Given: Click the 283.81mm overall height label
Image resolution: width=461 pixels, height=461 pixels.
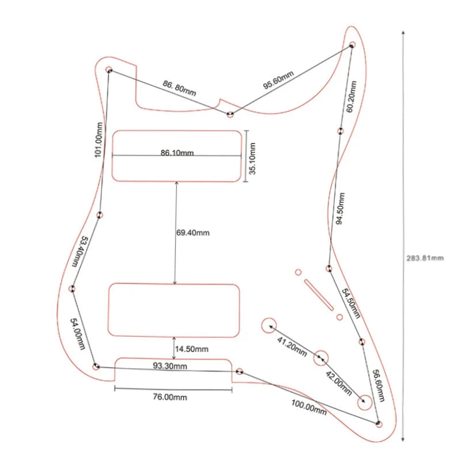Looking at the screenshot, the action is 425,258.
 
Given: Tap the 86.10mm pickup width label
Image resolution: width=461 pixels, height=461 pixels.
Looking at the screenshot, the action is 177,153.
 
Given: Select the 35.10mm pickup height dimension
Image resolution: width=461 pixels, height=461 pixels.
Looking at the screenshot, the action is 252,158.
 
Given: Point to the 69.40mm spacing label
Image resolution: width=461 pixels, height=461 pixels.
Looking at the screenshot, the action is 193,233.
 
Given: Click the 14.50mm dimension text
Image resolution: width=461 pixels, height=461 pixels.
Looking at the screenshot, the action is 192,349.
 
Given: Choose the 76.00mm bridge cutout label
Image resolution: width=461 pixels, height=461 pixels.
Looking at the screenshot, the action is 170,397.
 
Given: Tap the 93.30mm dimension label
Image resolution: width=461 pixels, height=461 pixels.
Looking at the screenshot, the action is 170,366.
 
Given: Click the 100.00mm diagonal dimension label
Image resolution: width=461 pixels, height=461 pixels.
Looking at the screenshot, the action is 309,407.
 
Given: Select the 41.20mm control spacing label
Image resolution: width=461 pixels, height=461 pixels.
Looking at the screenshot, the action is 292,347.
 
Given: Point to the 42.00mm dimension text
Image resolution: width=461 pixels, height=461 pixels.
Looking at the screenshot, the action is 339,383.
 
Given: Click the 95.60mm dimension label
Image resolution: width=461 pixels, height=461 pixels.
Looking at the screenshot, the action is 278,80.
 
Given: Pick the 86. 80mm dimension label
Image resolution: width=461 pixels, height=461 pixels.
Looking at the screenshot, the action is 179,88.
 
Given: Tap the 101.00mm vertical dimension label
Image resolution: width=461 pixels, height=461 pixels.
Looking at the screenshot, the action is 99,140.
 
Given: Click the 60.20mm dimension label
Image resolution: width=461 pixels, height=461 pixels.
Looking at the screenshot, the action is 351,97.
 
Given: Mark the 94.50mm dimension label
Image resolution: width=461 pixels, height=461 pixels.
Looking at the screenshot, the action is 341,209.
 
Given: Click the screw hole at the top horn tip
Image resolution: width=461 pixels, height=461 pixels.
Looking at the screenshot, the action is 352,45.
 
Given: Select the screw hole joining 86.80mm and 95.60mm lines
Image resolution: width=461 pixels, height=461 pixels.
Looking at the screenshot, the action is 230,114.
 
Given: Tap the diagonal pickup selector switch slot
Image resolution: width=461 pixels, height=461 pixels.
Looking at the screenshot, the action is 319,295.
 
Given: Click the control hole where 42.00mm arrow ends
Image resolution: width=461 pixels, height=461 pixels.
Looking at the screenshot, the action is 365,402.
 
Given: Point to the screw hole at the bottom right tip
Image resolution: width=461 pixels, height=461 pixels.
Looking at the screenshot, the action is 379,424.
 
